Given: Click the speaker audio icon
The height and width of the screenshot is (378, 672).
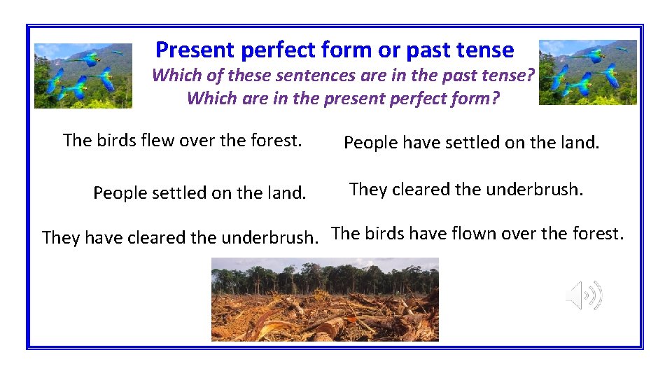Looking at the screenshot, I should click(584, 295).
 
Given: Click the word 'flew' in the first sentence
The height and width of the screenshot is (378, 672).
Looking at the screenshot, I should click(158, 141).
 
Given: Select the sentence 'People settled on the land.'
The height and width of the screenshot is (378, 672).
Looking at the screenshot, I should click(199, 192).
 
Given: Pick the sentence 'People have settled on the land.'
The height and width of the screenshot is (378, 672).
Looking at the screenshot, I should click(472, 143).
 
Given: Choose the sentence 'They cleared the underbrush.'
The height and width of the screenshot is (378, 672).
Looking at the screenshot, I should click(465, 190).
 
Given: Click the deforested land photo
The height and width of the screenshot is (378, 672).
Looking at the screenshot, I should click(325, 300).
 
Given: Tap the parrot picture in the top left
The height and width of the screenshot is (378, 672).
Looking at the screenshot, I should click(83, 76).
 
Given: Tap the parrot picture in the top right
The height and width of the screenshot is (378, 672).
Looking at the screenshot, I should click(587, 72).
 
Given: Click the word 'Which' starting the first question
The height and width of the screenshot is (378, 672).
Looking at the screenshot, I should click(174, 76).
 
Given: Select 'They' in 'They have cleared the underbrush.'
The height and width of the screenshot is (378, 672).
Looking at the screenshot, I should click(61, 238).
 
